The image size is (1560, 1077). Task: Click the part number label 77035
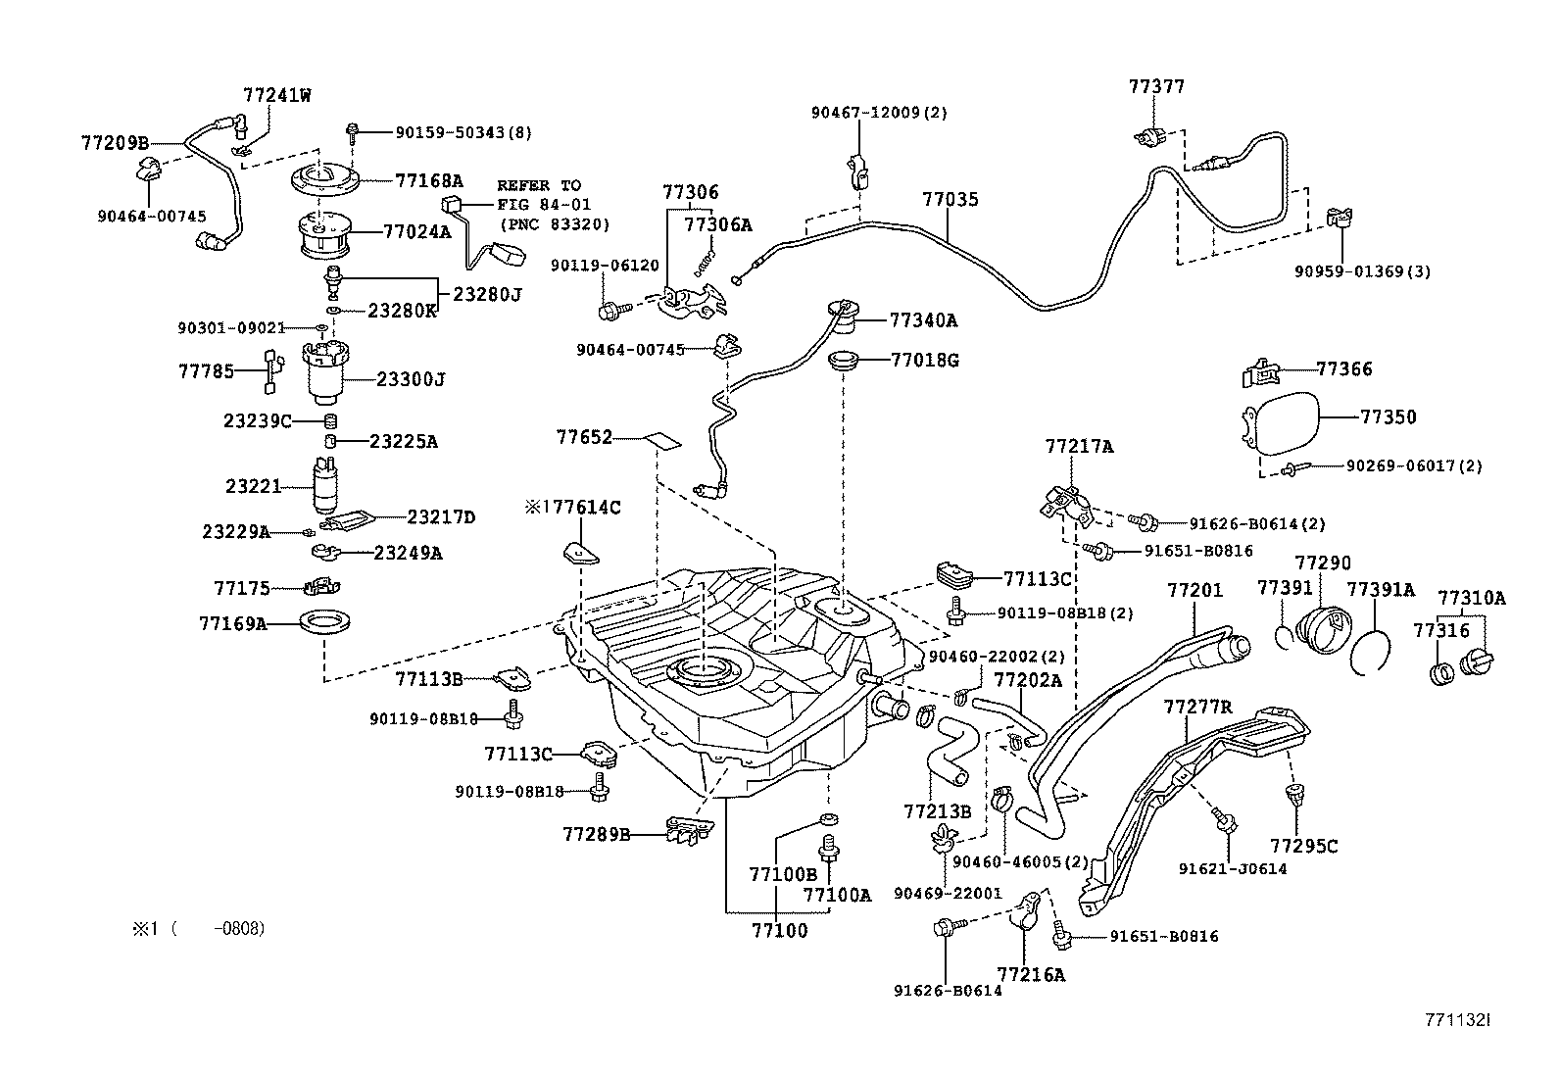[950, 200]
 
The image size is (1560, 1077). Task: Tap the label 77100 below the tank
[780, 930]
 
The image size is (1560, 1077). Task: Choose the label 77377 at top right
[1156, 86]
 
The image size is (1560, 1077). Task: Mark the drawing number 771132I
[1456, 1020]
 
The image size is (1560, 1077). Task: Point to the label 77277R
[1197, 708]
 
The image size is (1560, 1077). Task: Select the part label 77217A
[1079, 447]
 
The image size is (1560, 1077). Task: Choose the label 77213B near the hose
[937, 810]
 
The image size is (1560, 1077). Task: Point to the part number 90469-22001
[948, 893]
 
